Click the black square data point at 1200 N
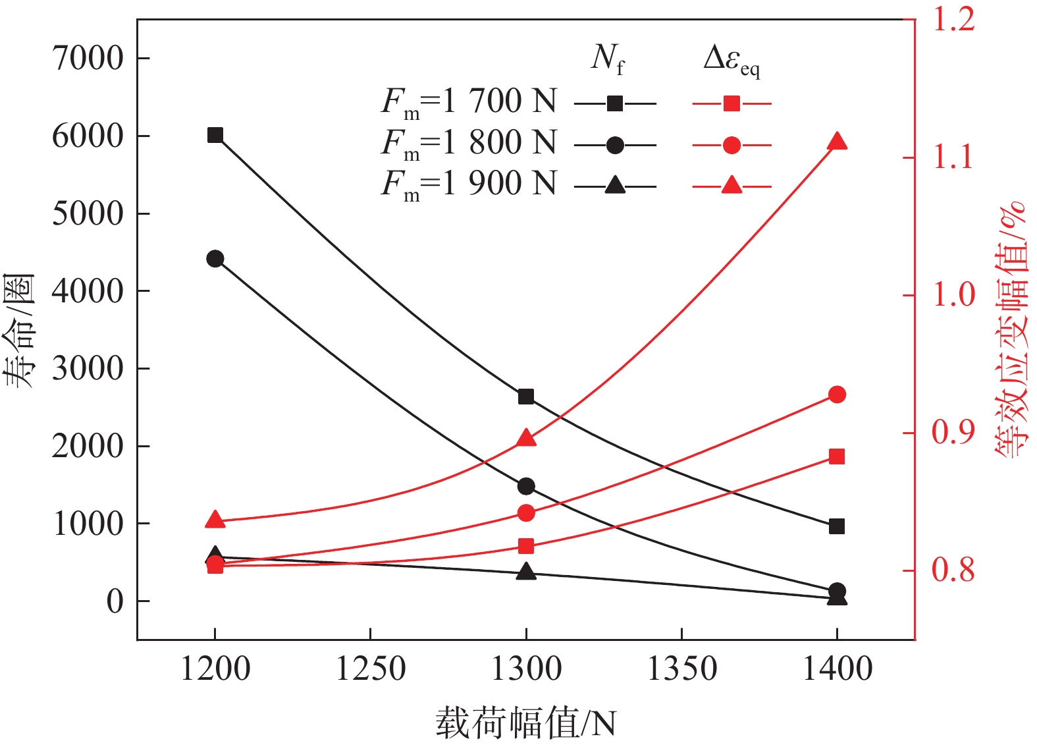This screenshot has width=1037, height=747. (215, 136)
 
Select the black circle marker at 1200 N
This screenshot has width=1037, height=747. (215, 259)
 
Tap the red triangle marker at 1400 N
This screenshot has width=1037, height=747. (837, 142)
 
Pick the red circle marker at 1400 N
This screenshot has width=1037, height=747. (837, 395)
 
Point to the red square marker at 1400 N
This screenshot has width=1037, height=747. (837, 456)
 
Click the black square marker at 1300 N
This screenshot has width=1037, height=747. (526, 397)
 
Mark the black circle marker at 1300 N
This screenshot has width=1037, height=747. (526, 487)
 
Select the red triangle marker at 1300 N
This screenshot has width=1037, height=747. (526, 439)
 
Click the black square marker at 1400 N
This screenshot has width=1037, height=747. (837, 526)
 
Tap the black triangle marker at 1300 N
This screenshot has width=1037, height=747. (526, 572)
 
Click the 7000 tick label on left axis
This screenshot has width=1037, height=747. (88, 59)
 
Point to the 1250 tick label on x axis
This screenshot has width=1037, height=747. (371, 669)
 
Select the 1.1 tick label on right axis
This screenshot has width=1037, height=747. (953, 158)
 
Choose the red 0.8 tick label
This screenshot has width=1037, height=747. (953, 570)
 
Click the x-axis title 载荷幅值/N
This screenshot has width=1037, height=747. (525, 723)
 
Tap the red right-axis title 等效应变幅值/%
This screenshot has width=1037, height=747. (1010, 329)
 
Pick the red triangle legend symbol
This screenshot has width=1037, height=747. (731, 186)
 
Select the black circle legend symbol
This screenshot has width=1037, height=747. (615, 145)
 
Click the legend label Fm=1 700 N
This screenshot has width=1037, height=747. (469, 103)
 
